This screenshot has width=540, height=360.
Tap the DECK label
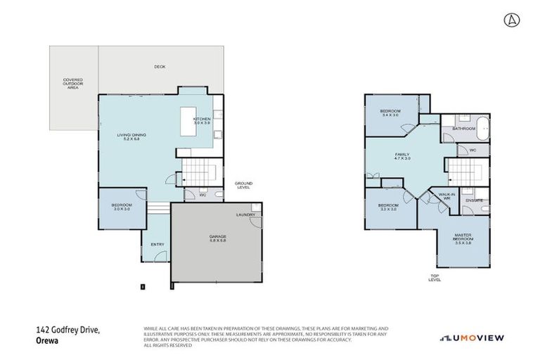(x=160, y=67)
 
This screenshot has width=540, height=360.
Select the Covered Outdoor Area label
(x=73, y=83)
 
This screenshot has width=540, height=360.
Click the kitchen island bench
(x=189, y=122)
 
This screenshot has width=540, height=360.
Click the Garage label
(x=217, y=238)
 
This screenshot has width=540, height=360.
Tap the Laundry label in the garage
(x=245, y=215)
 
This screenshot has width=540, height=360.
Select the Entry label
(x=157, y=245)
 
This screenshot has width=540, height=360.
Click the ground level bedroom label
(x=122, y=207)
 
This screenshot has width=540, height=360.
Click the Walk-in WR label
(x=444, y=196)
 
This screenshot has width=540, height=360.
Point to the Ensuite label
(x=474, y=201)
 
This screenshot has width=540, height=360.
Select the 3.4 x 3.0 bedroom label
(x=390, y=113)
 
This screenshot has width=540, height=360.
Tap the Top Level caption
(x=435, y=278)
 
